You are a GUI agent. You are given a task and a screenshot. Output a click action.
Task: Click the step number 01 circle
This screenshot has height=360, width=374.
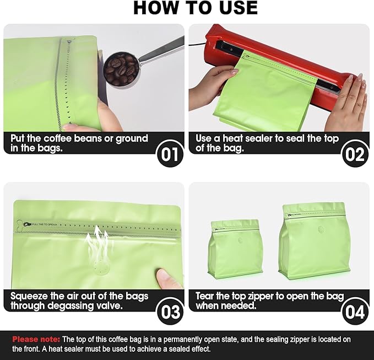tap(170, 154)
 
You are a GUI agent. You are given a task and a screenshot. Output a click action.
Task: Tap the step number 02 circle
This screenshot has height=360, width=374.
tap(355, 154)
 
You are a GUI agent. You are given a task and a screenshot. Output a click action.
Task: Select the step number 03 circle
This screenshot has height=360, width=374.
tap(170, 311)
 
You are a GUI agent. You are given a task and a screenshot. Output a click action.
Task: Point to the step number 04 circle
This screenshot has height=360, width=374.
tap(355, 311)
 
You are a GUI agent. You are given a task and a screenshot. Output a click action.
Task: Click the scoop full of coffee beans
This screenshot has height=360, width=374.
tap(121, 69)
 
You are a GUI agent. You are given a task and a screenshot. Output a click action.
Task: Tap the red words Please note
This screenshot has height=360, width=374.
tap(36, 339)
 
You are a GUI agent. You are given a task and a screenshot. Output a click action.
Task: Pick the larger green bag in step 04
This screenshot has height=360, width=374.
tap(315, 241)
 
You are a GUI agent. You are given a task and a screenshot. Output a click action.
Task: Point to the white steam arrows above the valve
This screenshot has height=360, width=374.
tap(98, 241)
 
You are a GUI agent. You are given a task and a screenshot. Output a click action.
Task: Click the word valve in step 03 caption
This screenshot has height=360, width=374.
tap(109, 305)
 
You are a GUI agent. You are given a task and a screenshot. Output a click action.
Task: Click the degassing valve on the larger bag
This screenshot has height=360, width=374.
tap(322, 229)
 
